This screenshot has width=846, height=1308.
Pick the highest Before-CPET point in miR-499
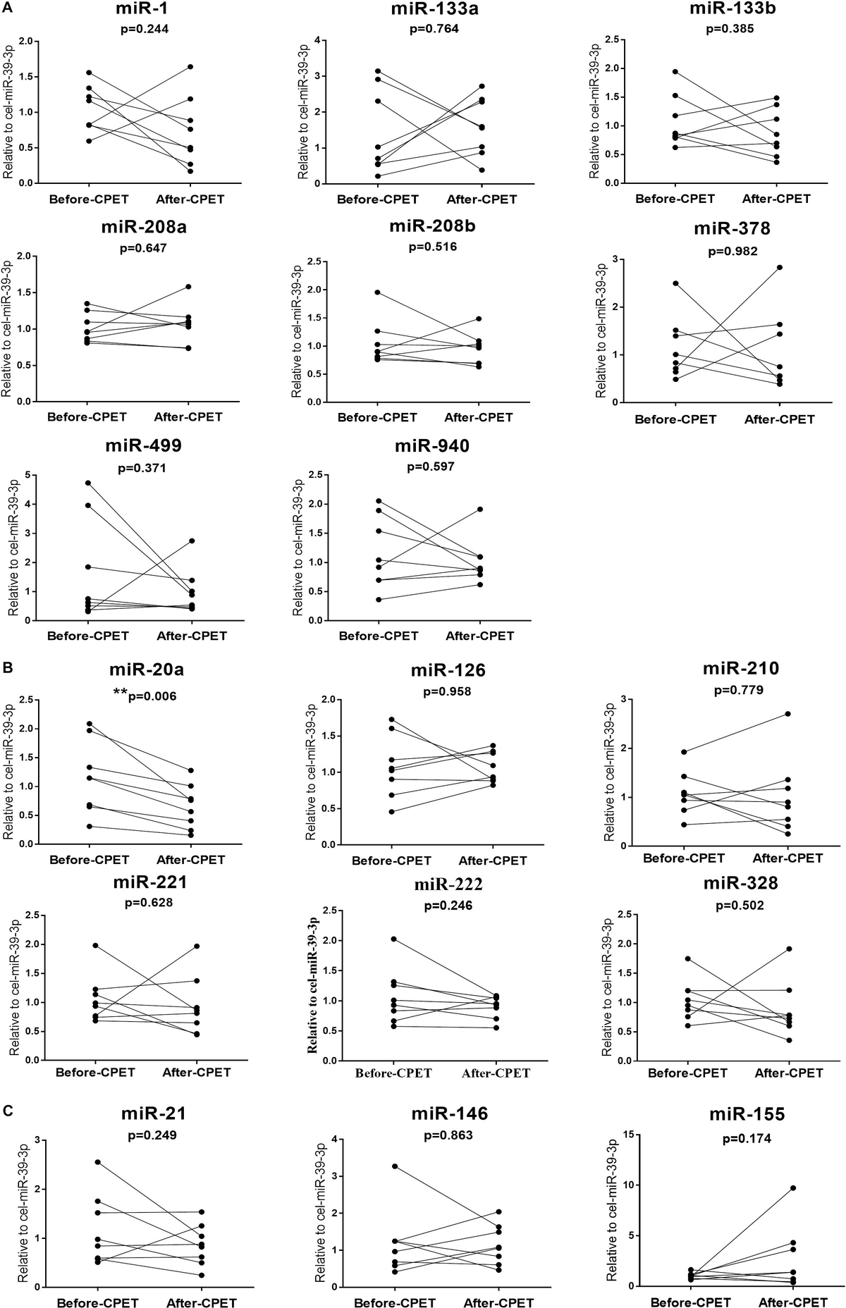pyautogui.click(x=88, y=483)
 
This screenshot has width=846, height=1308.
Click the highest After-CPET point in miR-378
pyautogui.click(x=780, y=268)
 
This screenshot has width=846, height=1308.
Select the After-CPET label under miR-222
pyautogui.click(x=496, y=1073)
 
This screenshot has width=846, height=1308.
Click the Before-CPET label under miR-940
pyautogui.click(x=379, y=636)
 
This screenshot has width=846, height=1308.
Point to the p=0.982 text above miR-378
pyautogui.click(x=732, y=251)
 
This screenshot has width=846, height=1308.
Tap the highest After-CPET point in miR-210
pyautogui.click(x=787, y=714)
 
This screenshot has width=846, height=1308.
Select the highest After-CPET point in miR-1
pyautogui.click(x=190, y=67)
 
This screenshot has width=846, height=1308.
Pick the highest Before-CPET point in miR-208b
pyautogui.click(x=377, y=292)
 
